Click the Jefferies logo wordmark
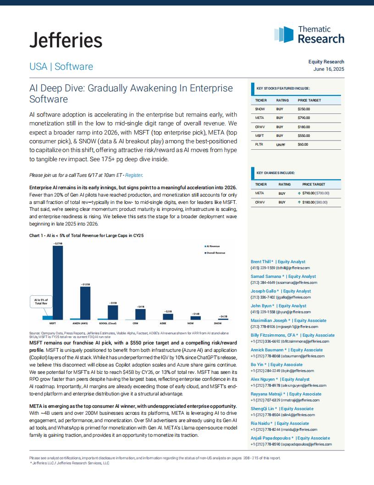66,40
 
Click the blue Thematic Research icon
284,34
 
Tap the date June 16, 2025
329,69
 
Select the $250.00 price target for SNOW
303,109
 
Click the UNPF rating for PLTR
280,145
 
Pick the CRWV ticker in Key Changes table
259,202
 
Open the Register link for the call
134,175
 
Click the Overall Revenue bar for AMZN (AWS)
85,303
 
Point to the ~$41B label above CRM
140,306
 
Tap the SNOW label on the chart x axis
218,323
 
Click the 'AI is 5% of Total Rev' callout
41,302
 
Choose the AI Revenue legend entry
212,246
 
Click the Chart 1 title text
87,236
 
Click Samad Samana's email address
297,282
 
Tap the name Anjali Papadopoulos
270,438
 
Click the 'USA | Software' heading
61,67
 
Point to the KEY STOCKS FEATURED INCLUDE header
283,89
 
